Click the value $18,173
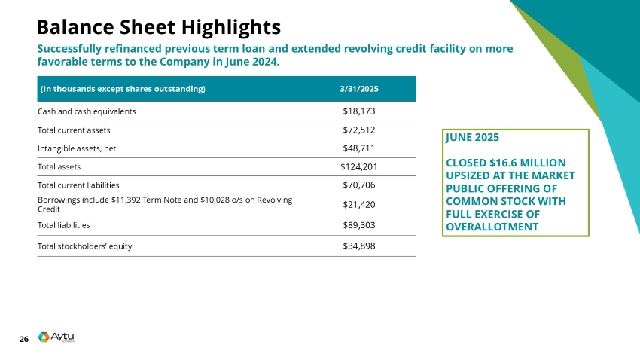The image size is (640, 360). coord(358,111)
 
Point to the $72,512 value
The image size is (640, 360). coord(358,130)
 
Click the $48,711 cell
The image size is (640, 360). coord(358,148)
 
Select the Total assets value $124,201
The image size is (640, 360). coord(358,166)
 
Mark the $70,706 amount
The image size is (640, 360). coord(358,185)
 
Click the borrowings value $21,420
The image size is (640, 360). coord(358,204)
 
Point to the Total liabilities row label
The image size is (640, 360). coord(64,224)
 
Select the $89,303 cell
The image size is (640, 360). coord(358,224)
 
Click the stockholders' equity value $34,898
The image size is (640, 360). coord(358,246)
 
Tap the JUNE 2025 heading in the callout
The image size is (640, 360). coord(472,139)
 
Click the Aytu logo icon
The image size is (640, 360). coord(44,337)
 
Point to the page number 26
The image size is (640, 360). coord(23,340)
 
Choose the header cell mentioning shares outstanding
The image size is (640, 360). coord(122,89)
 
